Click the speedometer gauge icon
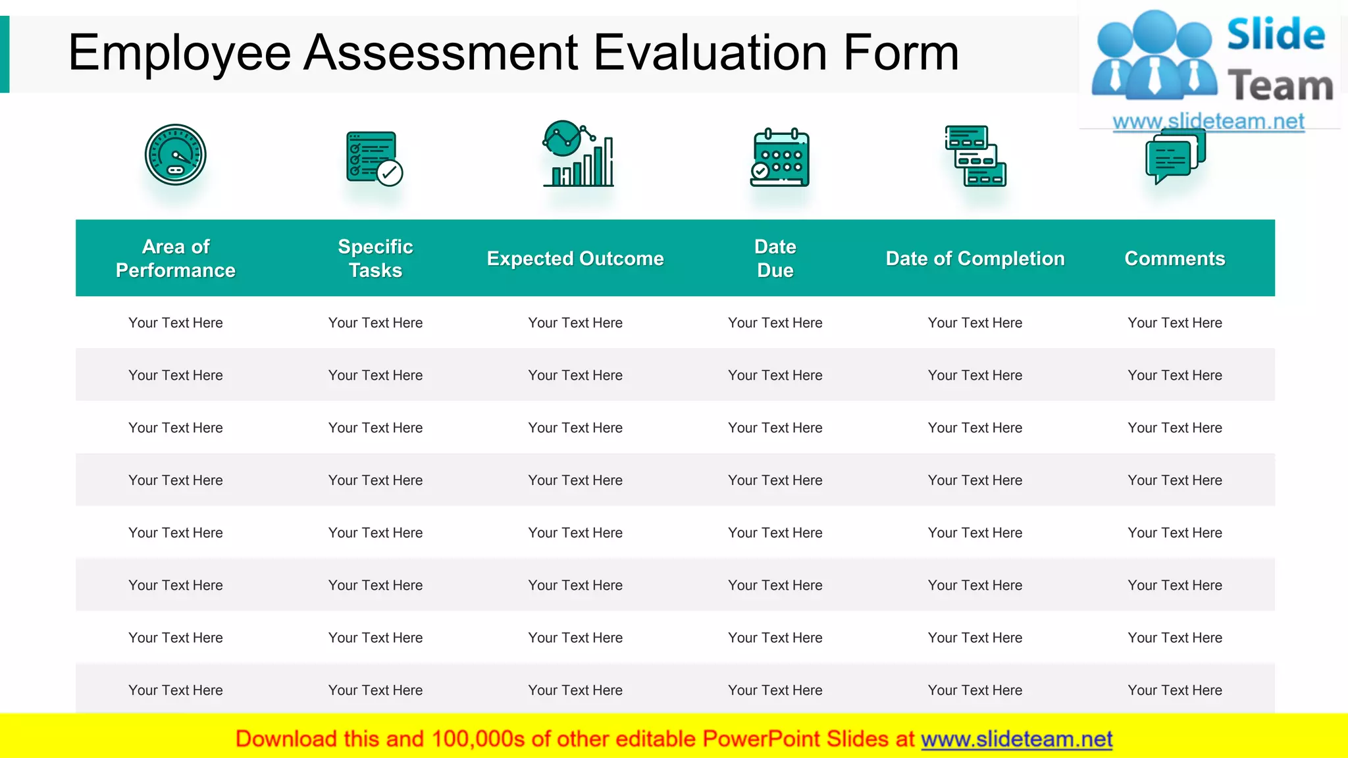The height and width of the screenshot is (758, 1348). (176, 155)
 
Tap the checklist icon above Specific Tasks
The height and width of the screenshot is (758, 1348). (374, 158)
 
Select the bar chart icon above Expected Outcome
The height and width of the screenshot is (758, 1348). (578, 155)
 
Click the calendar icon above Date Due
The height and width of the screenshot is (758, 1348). (780, 158)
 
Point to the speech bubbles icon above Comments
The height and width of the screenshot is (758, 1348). (1176, 157)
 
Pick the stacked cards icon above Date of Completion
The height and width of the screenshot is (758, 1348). (975, 156)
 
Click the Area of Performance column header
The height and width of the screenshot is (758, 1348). (176, 259)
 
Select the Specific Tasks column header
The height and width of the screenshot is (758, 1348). (375, 259)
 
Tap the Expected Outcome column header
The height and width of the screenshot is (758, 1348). (575, 259)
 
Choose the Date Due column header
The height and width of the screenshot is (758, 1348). (775, 259)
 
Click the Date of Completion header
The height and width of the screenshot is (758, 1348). (975, 259)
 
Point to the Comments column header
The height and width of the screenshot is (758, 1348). (1175, 259)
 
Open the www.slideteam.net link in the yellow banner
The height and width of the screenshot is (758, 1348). (1016, 739)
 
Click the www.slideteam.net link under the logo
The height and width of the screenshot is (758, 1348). (1208, 121)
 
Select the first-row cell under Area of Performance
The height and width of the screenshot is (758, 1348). (176, 323)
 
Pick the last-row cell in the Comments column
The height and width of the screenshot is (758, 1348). (1175, 690)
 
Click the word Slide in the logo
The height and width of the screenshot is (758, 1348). (1276, 34)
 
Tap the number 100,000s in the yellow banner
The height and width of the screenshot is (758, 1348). (479, 739)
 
